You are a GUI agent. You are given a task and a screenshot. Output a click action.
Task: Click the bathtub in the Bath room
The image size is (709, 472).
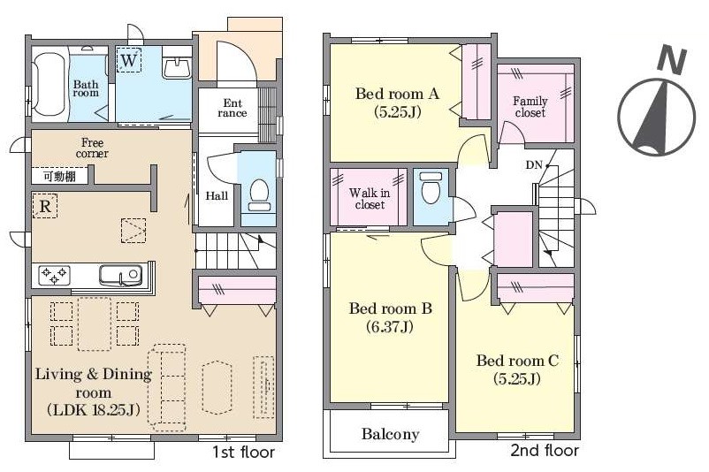[50, 85]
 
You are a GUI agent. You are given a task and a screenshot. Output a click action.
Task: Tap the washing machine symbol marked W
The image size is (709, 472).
[129, 60]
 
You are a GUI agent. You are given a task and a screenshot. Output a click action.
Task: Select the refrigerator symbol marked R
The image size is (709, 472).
[45, 206]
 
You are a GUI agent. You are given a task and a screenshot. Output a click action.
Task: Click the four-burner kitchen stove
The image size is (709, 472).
[54, 276]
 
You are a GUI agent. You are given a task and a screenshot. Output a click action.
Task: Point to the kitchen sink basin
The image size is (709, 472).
[120, 275]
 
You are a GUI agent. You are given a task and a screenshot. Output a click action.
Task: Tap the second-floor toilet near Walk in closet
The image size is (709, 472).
[431, 188]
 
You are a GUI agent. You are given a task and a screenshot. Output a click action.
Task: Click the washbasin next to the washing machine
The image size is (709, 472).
[177, 68]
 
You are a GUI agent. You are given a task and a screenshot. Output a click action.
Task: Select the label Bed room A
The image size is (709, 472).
[397, 94]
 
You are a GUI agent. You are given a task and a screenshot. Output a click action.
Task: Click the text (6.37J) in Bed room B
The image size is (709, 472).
[389, 326]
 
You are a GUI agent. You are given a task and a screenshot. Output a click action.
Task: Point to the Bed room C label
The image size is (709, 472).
[517, 361]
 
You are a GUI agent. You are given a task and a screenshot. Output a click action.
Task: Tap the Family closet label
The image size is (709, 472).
[530, 107]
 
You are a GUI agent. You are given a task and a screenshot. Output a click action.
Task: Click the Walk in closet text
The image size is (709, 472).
[370, 199]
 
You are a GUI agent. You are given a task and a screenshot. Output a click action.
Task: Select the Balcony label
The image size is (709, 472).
[391, 434]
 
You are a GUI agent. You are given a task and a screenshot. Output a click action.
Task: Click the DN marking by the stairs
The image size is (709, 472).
[534, 165]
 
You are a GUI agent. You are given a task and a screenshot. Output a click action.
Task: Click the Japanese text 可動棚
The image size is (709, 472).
[59, 176]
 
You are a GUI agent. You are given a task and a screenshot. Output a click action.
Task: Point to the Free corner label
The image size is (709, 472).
[92, 148]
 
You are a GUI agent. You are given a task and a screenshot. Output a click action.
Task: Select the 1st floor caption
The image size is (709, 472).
[243, 452]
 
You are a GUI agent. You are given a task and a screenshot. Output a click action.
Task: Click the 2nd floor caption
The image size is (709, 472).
[545, 450]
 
